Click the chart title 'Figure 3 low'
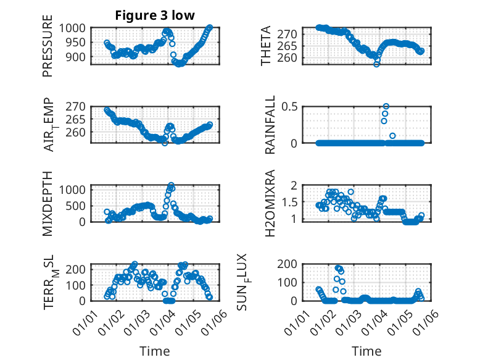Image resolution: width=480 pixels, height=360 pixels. tap(155, 15)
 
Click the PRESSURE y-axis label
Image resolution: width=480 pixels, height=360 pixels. tap(48, 46)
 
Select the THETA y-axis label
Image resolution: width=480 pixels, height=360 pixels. tap(266, 46)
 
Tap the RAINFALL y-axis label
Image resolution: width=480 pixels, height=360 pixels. tap(270, 126)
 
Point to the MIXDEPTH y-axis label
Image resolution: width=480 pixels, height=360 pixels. tap(48, 203)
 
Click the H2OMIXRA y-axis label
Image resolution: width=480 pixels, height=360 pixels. tap(270, 203)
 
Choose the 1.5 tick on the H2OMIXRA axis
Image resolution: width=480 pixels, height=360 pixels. tap(291, 202)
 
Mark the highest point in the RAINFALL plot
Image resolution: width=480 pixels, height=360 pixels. tap(386, 106)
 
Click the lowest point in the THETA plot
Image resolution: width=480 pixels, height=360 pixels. tap(376, 64)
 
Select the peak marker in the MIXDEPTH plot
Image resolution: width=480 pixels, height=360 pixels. tap(171, 185)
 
